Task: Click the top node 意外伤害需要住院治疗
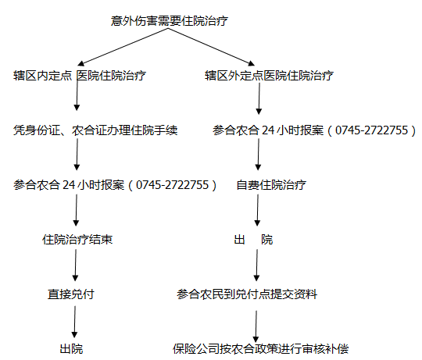pos(170,21)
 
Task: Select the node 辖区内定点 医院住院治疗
pos(80,76)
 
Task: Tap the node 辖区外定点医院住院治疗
pos(269,76)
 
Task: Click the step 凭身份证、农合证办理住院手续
pos(95,130)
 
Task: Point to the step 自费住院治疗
pos(271,185)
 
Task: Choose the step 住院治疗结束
pos(77,240)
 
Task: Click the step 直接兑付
pos(71,294)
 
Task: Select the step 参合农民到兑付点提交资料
pos(247,294)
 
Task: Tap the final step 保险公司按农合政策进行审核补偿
pos(260,349)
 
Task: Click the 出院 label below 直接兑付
pos(71,349)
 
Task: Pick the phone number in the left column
pos(173,185)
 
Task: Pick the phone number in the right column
pos(372,130)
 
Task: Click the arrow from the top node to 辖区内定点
pos(123,47)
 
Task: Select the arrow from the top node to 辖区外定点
pos(212,47)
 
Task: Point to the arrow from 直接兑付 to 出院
pos(75,322)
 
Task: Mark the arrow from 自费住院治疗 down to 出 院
pos(258,210)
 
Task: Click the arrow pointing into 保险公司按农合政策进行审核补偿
pos(256,326)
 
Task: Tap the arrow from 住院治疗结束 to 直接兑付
pos(76,266)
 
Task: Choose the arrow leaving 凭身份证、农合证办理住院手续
pos(77,155)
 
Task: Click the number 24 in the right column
pos(268,130)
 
